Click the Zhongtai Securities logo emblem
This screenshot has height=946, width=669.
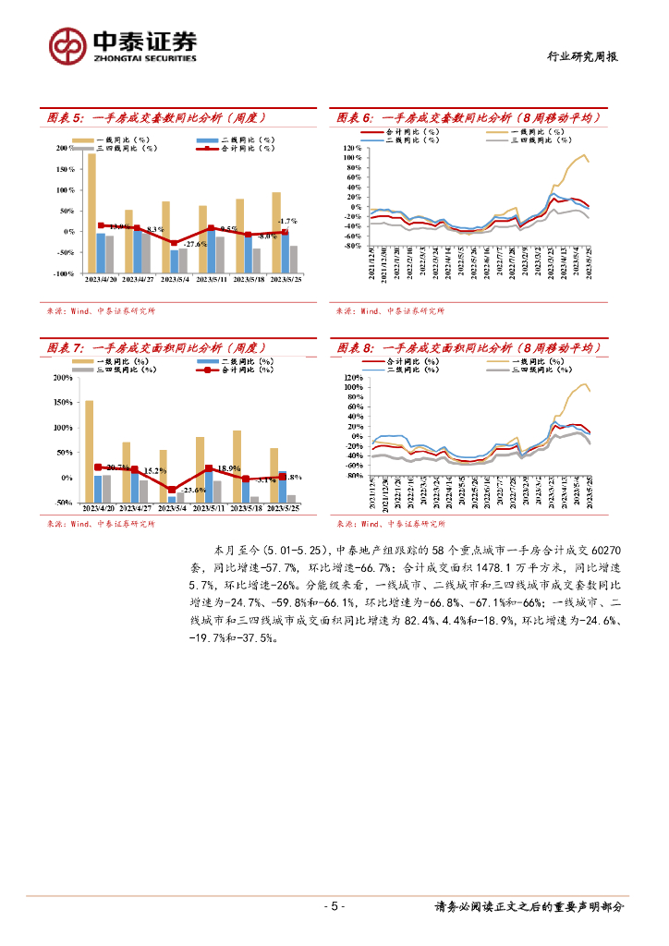coord(67,44)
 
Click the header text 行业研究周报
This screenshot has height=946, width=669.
coord(578,57)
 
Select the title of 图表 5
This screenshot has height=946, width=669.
coord(157,117)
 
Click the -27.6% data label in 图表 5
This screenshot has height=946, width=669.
coord(195,244)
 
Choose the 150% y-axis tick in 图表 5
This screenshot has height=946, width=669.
coord(65,169)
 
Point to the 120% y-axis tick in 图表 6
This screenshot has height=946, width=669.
coord(350,148)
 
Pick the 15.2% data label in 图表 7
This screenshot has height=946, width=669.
coord(155,471)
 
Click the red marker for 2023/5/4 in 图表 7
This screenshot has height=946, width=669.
coord(173,490)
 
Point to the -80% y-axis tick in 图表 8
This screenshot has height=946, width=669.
coord(351,477)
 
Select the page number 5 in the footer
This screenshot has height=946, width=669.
coord(334,906)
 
